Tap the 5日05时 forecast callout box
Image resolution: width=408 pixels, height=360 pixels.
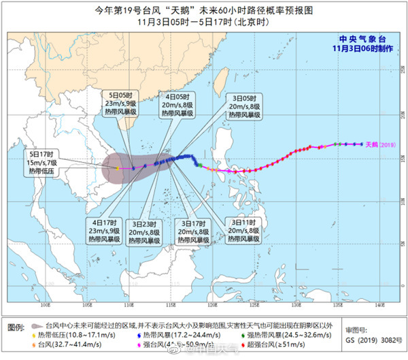[124, 106]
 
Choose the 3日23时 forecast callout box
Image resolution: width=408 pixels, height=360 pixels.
[143, 231]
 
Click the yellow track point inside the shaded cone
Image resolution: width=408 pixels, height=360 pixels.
[118, 167]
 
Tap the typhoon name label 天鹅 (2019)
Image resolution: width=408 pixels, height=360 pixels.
[379, 144]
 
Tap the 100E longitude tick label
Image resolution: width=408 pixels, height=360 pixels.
[46, 307]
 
